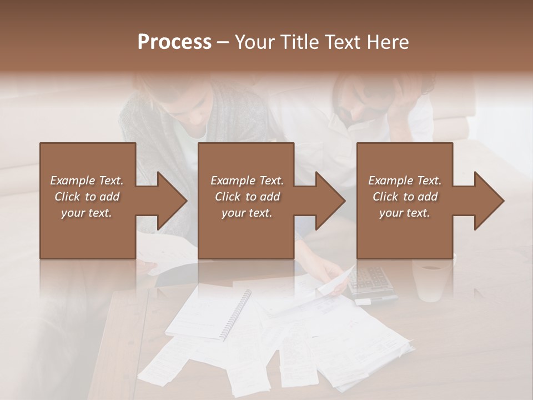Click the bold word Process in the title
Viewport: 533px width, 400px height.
pyautogui.click(x=174, y=42)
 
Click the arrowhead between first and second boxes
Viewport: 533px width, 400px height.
pyautogui.click(x=173, y=201)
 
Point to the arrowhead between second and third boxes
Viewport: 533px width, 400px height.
pyautogui.click(x=331, y=201)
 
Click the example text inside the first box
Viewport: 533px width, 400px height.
pyautogui.click(x=87, y=197)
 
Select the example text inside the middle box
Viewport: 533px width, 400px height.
pyautogui.click(x=247, y=197)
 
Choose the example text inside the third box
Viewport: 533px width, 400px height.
pyautogui.click(x=405, y=197)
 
